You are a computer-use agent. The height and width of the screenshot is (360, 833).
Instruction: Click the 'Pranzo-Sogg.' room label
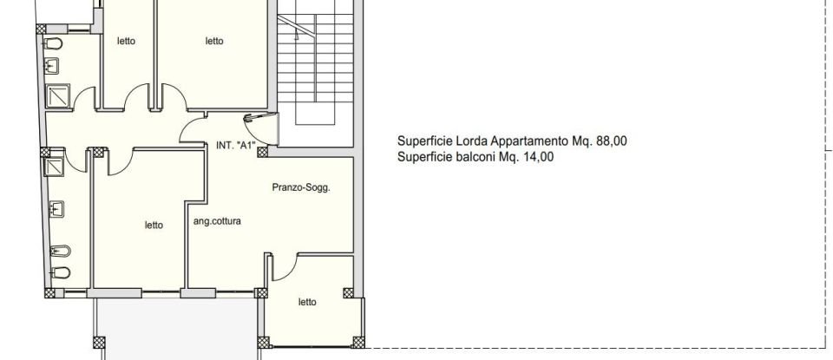coord(300,187)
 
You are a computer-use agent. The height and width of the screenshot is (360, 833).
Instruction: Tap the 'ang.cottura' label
coord(217,221)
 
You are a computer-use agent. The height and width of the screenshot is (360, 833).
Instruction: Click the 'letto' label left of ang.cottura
coord(154,226)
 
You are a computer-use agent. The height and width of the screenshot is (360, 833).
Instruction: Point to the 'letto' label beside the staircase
coord(214,41)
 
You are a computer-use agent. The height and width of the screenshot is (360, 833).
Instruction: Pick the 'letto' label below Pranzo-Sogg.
coord(307,302)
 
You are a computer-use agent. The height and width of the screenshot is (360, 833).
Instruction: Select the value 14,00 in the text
coord(535,157)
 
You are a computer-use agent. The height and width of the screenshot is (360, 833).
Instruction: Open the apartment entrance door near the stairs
coord(260,128)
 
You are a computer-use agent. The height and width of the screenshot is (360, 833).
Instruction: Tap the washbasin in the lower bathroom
coord(57,208)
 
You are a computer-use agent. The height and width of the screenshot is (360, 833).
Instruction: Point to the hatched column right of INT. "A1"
coord(262,151)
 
